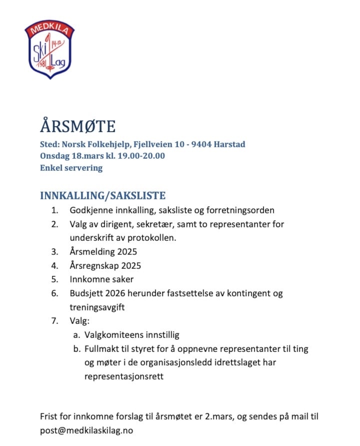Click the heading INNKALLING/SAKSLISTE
[102, 195]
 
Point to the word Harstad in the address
[229, 145]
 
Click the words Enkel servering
[71, 168]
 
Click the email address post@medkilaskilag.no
[86, 430]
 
